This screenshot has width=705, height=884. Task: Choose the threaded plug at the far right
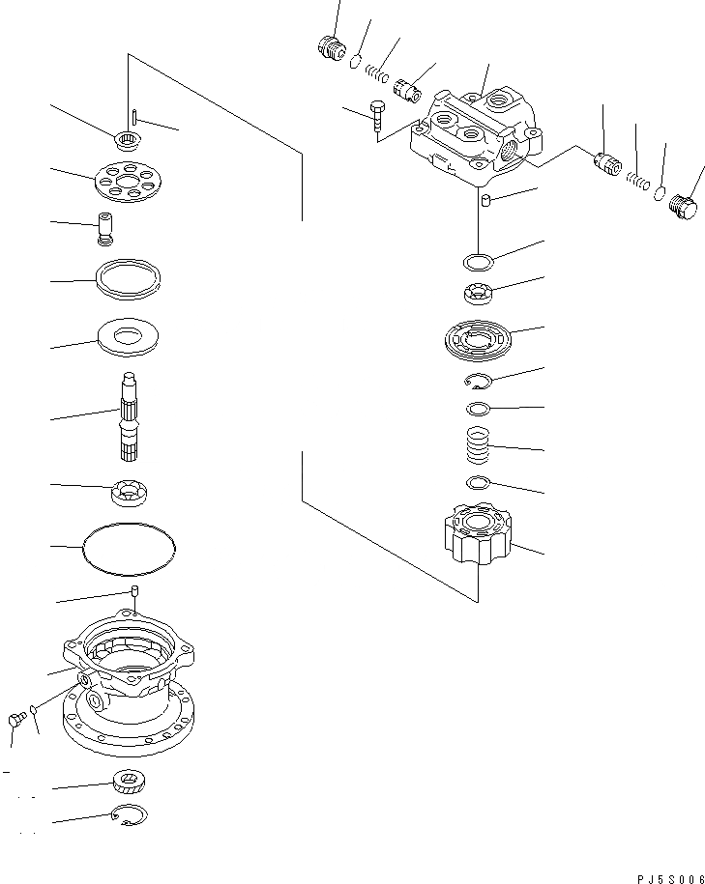(x=684, y=210)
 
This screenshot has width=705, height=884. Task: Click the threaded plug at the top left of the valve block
(x=331, y=46)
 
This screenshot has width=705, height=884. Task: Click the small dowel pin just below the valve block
(x=488, y=201)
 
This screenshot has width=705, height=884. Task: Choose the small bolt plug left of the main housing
(x=16, y=717)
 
